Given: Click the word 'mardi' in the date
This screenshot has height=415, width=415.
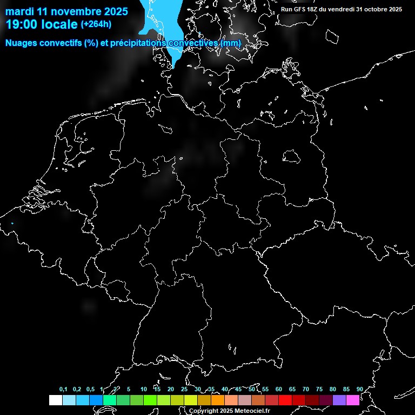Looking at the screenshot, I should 19,11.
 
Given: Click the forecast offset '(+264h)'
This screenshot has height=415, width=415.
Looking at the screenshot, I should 96,24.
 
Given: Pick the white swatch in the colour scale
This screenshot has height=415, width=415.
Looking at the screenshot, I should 55,400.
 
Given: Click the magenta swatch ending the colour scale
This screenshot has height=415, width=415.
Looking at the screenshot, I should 353,400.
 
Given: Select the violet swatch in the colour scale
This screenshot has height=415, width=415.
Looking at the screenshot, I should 339,400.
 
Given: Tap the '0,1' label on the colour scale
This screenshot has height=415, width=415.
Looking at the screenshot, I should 63,389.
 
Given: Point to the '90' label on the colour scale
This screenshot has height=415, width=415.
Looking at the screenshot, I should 359,389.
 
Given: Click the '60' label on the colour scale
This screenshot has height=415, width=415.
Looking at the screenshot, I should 278,389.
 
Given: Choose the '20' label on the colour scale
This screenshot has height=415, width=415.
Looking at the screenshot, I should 170,389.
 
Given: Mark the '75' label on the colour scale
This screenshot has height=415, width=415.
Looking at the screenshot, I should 319,389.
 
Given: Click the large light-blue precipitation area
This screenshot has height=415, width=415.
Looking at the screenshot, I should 162,27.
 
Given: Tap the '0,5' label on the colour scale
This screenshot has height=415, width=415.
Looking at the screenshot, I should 90,389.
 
